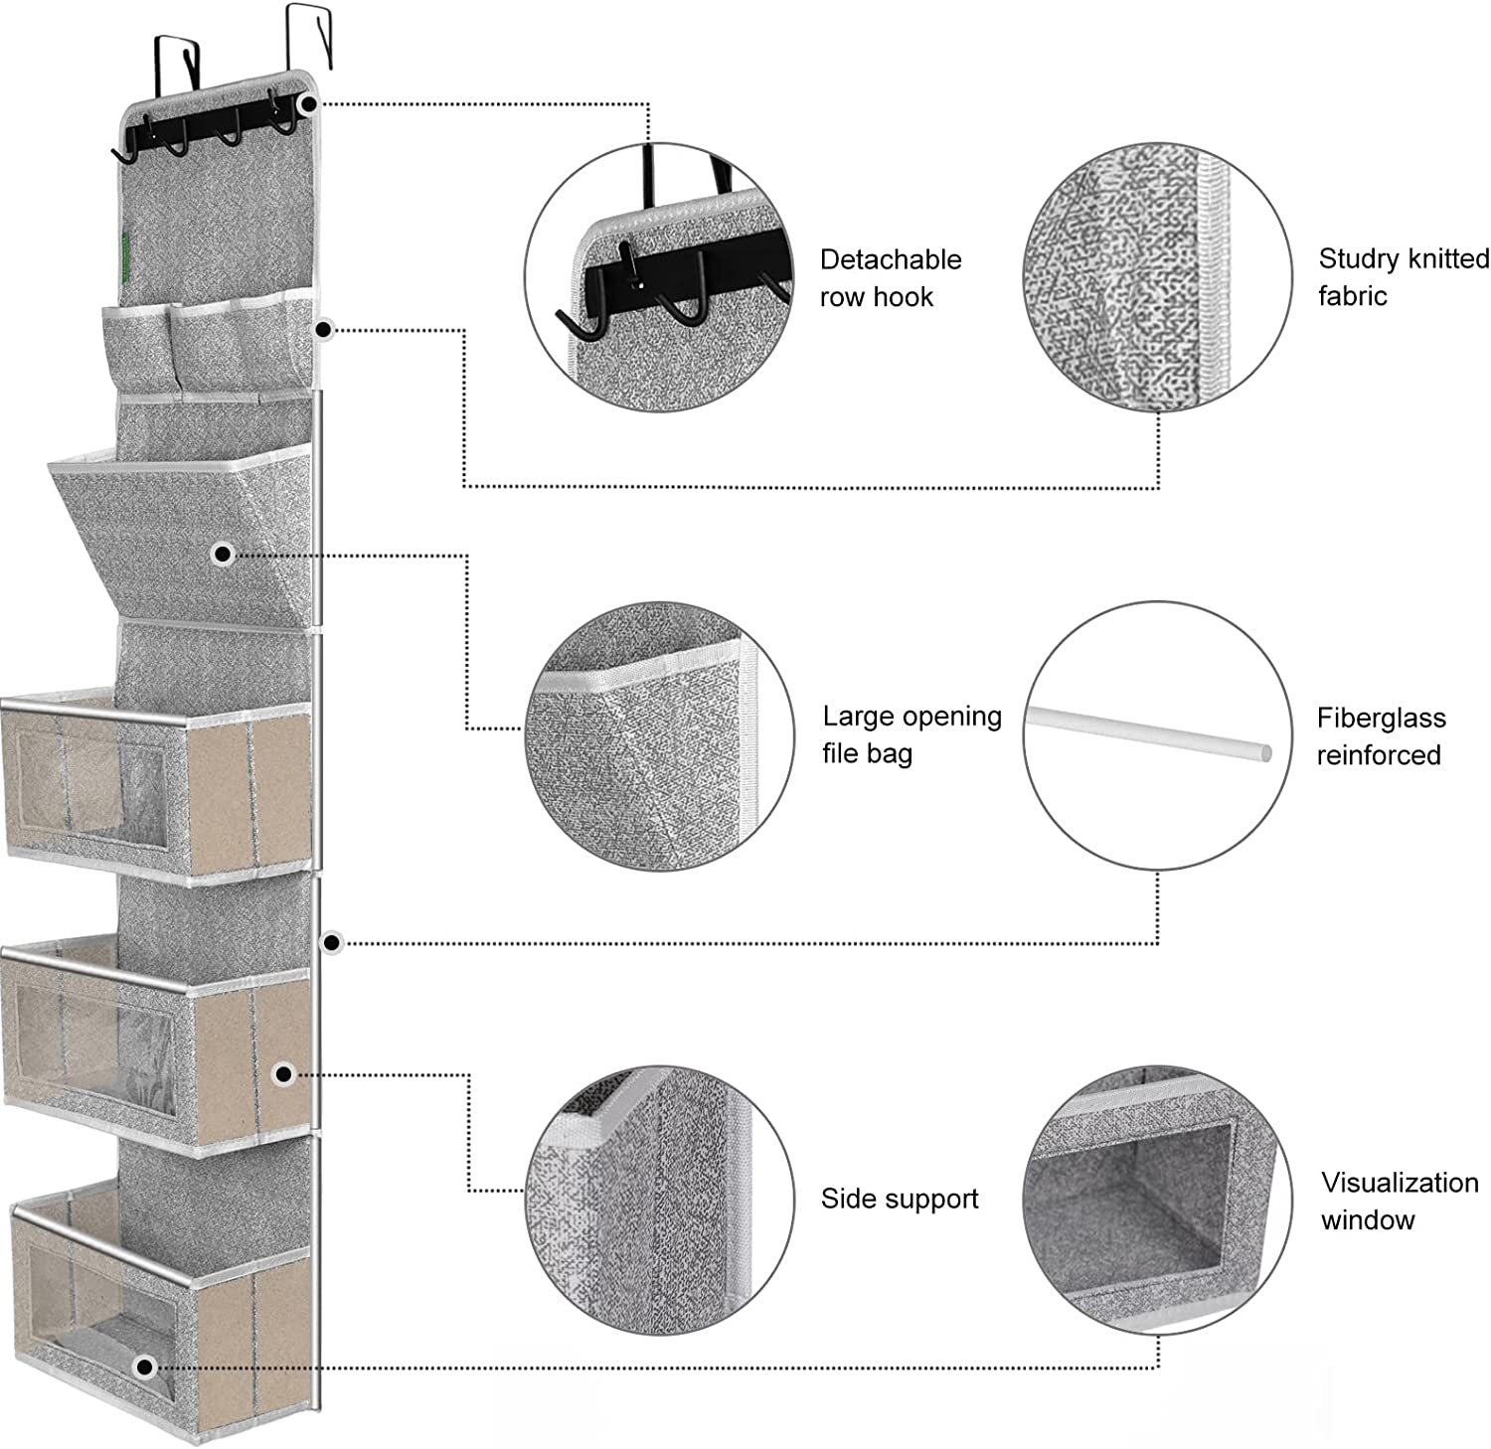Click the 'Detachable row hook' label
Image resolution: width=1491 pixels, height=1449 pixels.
coord(890,278)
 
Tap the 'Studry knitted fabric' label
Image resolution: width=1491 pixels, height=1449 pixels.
coord(1403,277)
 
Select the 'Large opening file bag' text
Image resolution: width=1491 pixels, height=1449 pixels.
coord(911,734)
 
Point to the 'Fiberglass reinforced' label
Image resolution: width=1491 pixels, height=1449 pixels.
coord(1380,736)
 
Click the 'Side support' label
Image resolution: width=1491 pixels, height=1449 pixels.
coord(899,1199)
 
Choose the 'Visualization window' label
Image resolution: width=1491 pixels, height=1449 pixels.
coord(1399,1201)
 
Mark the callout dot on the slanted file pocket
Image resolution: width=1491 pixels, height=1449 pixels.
coord(223,554)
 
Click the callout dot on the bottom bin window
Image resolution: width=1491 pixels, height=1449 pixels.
coord(145,1368)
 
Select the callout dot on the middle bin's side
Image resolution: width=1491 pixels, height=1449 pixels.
coord(283,1073)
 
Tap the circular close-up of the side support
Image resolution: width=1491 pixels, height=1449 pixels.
coord(659,1200)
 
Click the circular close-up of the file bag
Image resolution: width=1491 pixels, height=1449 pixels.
coord(659,734)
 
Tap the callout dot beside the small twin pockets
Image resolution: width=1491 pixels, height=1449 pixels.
coord(323,329)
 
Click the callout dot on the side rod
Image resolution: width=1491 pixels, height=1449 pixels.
coord(333,941)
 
